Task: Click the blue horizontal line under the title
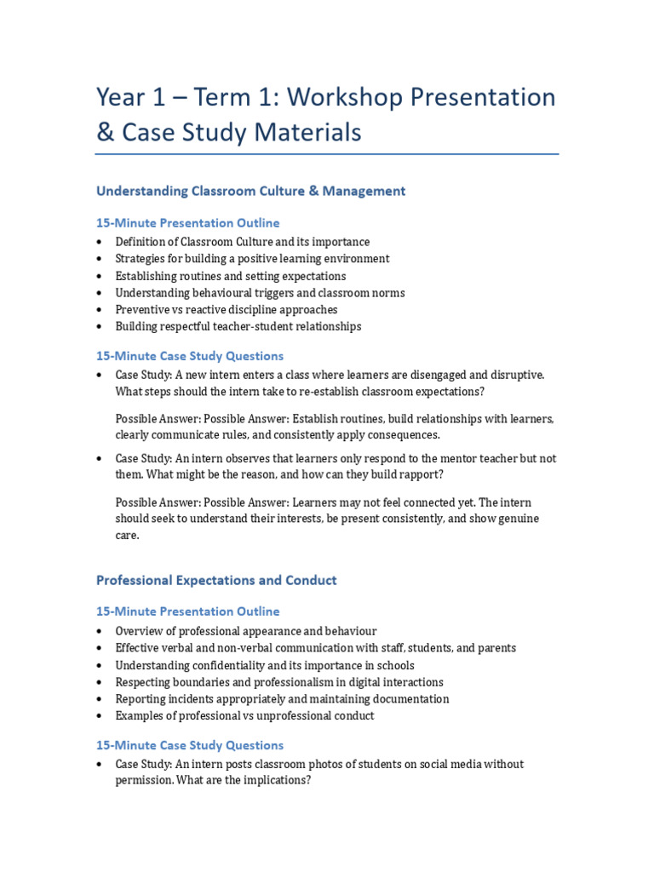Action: (327, 154)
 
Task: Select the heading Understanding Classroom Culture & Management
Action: (250, 192)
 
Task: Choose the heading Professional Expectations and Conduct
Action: (216, 581)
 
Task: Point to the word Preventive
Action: (143, 310)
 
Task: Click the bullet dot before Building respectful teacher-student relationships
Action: (100, 327)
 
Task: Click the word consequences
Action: (401, 435)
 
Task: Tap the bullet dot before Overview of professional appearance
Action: (100, 632)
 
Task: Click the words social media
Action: (412, 764)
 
